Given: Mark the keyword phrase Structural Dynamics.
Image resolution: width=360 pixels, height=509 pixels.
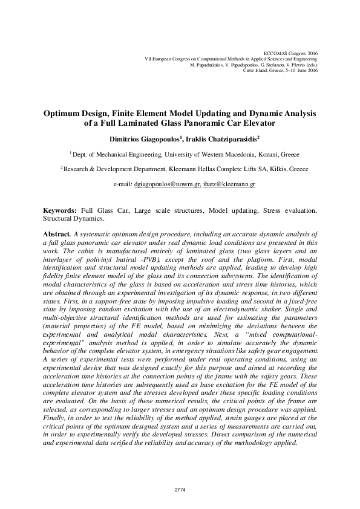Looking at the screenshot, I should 73,218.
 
